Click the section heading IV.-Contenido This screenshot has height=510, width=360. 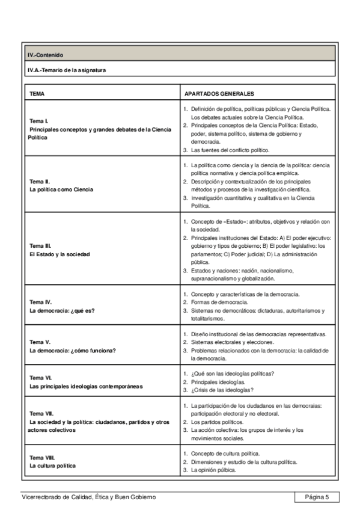click(44, 54)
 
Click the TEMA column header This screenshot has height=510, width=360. click(37, 94)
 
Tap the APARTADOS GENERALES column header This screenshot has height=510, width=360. click(219, 94)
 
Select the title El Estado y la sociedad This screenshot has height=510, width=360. click(59, 254)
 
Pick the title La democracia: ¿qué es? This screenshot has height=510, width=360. click(63, 311)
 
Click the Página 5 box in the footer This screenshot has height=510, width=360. click(316, 497)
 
